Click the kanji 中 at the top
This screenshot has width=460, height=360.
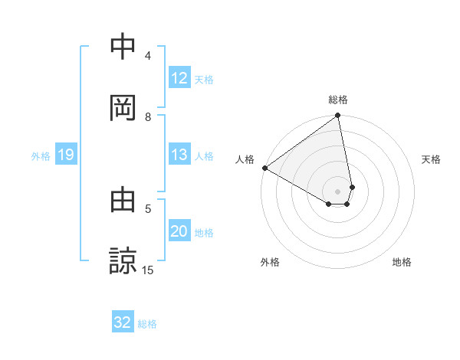124,47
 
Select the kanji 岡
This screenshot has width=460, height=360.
124,108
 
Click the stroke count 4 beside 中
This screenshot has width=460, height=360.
148,55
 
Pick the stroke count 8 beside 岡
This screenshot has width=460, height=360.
148,116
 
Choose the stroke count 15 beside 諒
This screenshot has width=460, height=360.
148,270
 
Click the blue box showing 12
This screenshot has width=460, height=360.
179,78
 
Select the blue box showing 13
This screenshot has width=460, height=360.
179,155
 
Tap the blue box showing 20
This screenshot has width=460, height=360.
179,232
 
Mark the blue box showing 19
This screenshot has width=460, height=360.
66,155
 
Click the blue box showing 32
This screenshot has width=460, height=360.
123,322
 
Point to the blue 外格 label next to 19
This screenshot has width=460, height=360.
41,156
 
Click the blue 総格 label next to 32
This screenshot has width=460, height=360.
147,324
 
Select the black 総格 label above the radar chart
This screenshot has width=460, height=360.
338,100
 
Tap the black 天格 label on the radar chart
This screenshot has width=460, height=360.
432,159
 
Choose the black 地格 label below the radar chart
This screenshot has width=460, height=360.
402,262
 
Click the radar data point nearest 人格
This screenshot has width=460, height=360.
264,168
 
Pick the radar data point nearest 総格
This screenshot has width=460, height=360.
337,116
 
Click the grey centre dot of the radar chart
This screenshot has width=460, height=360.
337,191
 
